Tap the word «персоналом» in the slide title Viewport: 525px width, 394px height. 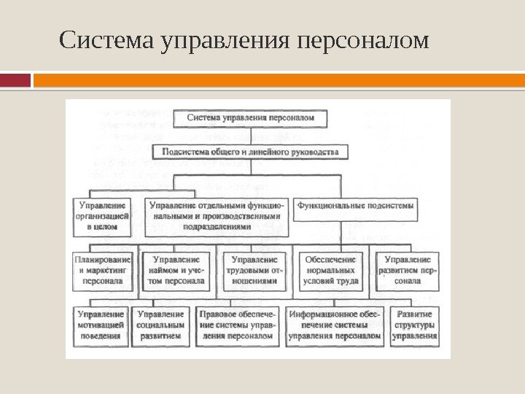pyautogui.click(x=365, y=42)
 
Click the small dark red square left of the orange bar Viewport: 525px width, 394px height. pyautogui.click(x=15, y=80)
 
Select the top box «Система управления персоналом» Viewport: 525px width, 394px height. pyautogui.click(x=251, y=117)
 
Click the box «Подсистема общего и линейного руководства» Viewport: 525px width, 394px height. pyautogui.click(x=251, y=152)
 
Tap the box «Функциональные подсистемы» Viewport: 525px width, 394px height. pyautogui.click(x=356, y=206)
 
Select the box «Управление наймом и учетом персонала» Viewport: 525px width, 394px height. pyautogui.click(x=179, y=269)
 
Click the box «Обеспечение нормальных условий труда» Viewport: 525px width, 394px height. pyautogui.click(x=330, y=269)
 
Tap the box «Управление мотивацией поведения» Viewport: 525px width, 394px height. pyautogui.click(x=101, y=325)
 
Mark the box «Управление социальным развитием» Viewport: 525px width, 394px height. pyautogui.click(x=163, y=325)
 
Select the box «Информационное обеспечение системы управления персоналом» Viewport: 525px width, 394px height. pyautogui.click(x=335, y=325)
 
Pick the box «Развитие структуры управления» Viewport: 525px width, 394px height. pyautogui.click(x=414, y=325)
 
